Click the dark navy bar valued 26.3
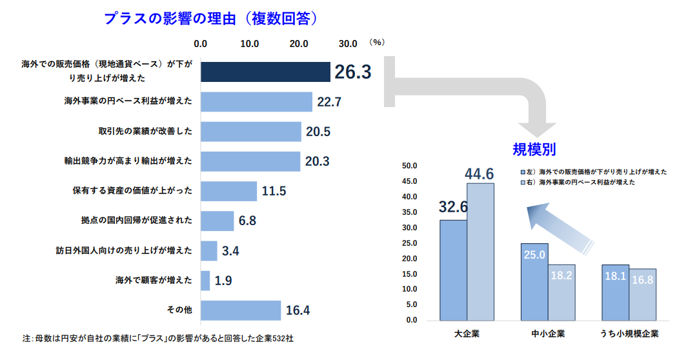point(265,72)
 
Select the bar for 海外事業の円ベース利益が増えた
point(256,102)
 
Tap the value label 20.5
point(318,132)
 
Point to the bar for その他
point(241,310)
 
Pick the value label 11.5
point(274,192)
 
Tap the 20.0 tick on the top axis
point(299,44)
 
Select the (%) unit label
point(378,43)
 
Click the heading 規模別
point(534,150)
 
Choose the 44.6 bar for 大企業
point(480,252)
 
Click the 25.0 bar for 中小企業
point(534,282)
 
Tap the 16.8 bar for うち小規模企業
point(643,294)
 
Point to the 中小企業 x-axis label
point(548,334)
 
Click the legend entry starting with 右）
point(578,183)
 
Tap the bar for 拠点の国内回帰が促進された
point(217,221)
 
